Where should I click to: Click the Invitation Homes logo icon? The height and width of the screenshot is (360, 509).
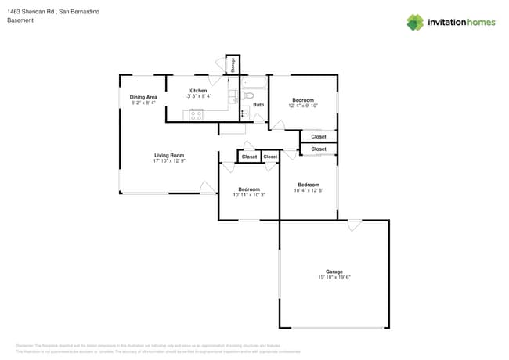coord(415,22)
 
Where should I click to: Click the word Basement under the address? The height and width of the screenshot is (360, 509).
coord(20,20)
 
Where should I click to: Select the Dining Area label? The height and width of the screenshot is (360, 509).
coord(143,97)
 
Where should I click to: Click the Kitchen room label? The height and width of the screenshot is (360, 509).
coord(197,91)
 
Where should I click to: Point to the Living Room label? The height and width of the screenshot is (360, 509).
coord(168,156)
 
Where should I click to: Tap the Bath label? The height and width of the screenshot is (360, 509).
coord(258,105)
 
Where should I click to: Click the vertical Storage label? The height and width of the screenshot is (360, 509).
coord(233,66)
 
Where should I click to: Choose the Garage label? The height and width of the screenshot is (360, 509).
coord(334,272)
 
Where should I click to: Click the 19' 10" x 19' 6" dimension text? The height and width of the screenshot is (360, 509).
coord(334,278)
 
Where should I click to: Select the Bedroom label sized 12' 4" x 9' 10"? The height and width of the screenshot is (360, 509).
coord(303,100)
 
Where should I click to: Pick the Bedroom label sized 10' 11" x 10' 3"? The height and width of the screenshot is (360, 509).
coord(249,189)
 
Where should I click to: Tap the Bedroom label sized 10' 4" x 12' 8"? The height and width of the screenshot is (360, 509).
coord(309,185)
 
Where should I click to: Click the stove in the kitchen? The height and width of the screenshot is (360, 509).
coord(197,115)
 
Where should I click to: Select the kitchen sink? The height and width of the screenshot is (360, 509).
coord(233,98)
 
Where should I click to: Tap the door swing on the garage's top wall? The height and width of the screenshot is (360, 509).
coord(355,225)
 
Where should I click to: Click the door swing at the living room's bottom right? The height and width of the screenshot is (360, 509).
coord(208,188)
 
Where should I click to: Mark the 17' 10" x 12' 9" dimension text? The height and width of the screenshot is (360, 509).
coord(168,161)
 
